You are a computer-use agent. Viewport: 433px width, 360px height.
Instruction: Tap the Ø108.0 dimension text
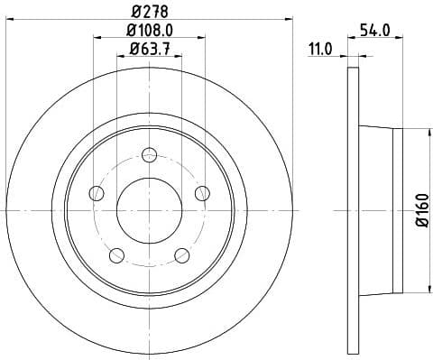pos(150,32)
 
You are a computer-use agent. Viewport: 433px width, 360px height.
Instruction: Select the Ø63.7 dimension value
pos(150,51)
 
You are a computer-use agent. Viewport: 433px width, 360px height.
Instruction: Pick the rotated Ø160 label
pos(421,209)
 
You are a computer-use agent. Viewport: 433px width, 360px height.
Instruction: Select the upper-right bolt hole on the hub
pos(202,192)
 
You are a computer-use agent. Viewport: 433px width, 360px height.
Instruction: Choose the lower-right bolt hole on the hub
pos(182,254)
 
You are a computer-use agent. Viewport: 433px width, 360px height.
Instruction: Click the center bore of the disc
pos(150,209)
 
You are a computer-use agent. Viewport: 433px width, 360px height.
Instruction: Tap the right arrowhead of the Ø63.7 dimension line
pos(179,57)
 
